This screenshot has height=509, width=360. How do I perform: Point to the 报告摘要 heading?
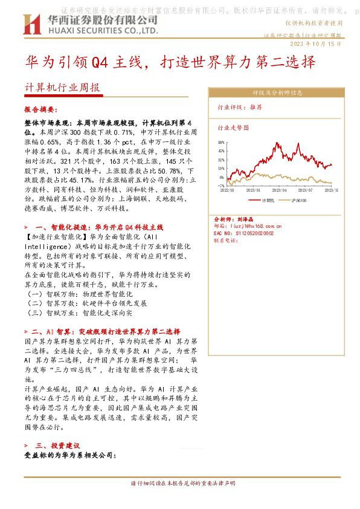(x=39, y=111)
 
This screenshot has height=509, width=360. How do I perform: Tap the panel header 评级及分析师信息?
(x=277, y=93)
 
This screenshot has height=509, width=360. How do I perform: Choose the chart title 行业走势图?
(x=233, y=128)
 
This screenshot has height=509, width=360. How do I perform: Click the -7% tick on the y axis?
(x=222, y=186)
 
